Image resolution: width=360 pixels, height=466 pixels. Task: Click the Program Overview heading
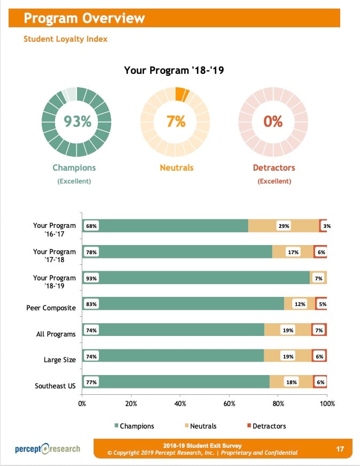(x=85, y=18)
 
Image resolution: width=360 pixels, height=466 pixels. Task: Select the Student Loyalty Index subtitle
(x=65, y=39)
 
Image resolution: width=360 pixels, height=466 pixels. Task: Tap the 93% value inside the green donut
(x=77, y=121)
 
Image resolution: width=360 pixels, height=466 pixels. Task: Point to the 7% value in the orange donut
(x=175, y=121)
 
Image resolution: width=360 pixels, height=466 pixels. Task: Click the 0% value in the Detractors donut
(x=273, y=121)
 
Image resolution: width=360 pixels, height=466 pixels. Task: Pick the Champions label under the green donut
(x=74, y=168)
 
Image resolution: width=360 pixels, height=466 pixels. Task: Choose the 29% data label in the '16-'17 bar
(x=284, y=226)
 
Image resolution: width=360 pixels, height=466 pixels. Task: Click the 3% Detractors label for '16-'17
(x=327, y=226)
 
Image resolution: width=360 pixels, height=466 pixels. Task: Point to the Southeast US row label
(x=55, y=386)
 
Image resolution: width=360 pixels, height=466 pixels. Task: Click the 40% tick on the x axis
(x=180, y=404)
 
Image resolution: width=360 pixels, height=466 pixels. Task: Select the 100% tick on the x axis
(x=327, y=404)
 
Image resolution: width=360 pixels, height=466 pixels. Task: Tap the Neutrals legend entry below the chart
(x=201, y=426)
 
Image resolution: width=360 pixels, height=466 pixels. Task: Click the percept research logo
(x=48, y=448)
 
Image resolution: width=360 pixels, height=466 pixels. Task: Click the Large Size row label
(x=59, y=360)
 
